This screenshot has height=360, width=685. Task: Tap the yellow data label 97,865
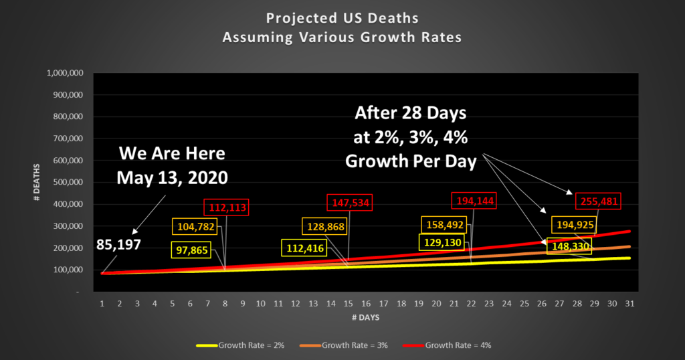pos(192,250)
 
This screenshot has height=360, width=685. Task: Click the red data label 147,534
pos(349,201)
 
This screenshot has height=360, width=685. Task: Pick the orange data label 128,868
pos(326,227)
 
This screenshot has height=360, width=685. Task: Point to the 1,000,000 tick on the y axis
pos(65,72)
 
